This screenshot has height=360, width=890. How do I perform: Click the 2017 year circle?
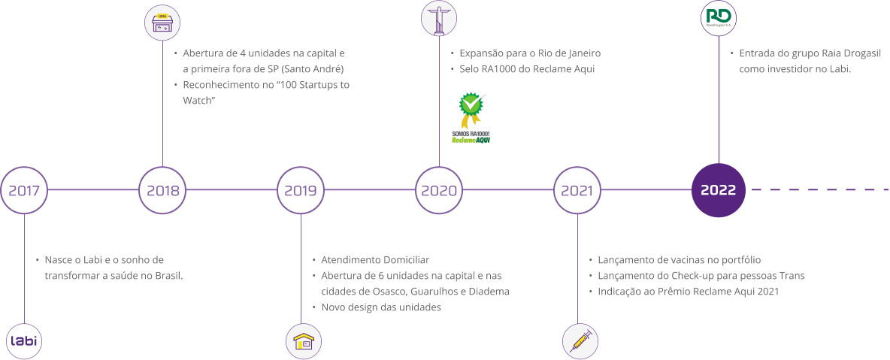coord(24,190)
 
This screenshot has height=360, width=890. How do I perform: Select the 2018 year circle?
coord(162,190)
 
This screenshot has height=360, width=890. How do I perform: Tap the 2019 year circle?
coord(301,190)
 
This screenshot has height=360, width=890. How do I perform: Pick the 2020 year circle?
coord(439,190)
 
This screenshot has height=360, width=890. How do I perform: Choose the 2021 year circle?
coord(577,190)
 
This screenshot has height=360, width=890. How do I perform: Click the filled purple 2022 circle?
coord(719,190)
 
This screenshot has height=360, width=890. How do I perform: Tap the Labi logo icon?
coord(24,342)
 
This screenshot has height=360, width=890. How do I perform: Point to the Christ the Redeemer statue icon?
coord(439,18)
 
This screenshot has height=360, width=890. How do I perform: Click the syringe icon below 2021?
coord(580,342)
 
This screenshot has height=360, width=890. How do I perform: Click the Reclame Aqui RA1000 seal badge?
coord(471,116)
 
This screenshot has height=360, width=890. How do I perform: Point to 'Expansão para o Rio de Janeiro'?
coord(530,53)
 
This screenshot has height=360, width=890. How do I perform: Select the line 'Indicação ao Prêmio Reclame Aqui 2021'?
coord(688,292)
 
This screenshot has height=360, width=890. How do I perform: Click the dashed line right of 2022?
coord(819,190)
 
